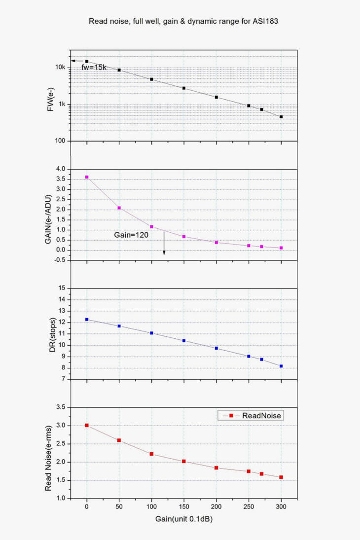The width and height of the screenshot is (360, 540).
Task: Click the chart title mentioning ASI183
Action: (180, 21)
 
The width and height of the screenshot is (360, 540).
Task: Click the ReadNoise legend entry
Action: (261, 416)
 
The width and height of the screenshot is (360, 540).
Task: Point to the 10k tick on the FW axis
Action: (60, 67)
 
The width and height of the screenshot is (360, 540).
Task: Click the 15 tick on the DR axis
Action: (62, 288)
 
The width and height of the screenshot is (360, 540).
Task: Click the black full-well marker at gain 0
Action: (87, 61)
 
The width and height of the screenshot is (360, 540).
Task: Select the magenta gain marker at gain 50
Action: (119, 208)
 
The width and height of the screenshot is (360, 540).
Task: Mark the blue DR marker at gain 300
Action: (281, 366)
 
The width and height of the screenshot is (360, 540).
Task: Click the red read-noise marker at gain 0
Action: (87, 425)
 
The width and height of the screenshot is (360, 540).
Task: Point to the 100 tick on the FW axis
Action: (60, 141)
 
